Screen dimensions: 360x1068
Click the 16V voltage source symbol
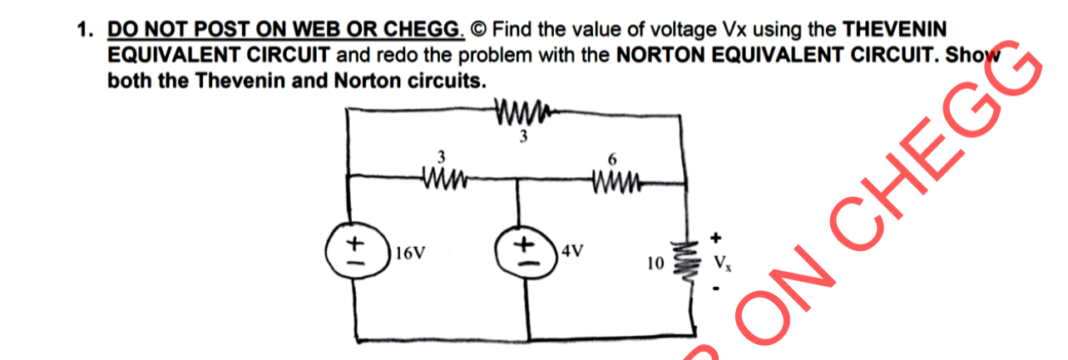click(357, 248)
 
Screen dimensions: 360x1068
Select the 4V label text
click(573, 249)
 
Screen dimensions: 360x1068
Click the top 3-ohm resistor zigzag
click(522, 110)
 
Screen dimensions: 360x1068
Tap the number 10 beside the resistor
click(655, 264)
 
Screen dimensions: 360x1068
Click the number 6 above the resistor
click(614, 158)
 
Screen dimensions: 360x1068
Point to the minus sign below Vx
click(714, 289)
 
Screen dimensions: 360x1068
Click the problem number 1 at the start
click(82, 31)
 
